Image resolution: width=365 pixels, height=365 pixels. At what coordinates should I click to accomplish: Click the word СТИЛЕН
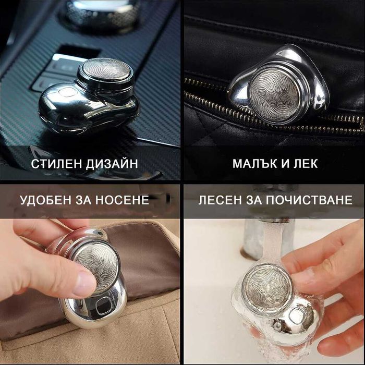click(55, 164)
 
